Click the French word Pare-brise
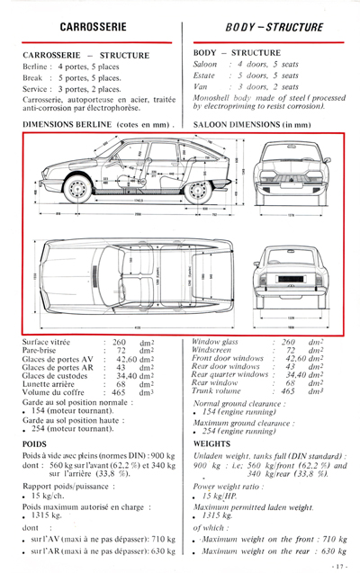coord(40,351)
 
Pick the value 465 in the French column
coord(120,392)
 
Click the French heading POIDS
coord(35,443)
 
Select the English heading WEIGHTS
coord(212,443)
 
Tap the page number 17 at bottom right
coord(339,564)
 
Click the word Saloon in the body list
coord(206,65)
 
